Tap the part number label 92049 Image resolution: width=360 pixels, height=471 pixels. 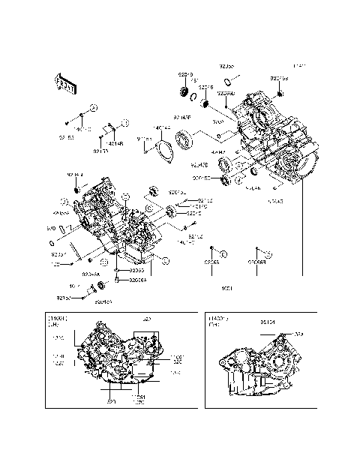click(x=185, y=75)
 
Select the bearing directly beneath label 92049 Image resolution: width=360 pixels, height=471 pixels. click(x=183, y=92)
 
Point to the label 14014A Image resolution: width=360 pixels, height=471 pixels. click(x=161, y=128)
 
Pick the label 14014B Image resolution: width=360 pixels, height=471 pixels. click(x=114, y=142)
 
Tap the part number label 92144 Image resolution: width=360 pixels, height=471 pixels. click(x=76, y=175)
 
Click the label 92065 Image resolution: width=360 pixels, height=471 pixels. click(x=212, y=263)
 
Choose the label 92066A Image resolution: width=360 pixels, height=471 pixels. click(x=137, y=280)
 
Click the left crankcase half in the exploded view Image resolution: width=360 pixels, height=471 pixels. click(x=112, y=221)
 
